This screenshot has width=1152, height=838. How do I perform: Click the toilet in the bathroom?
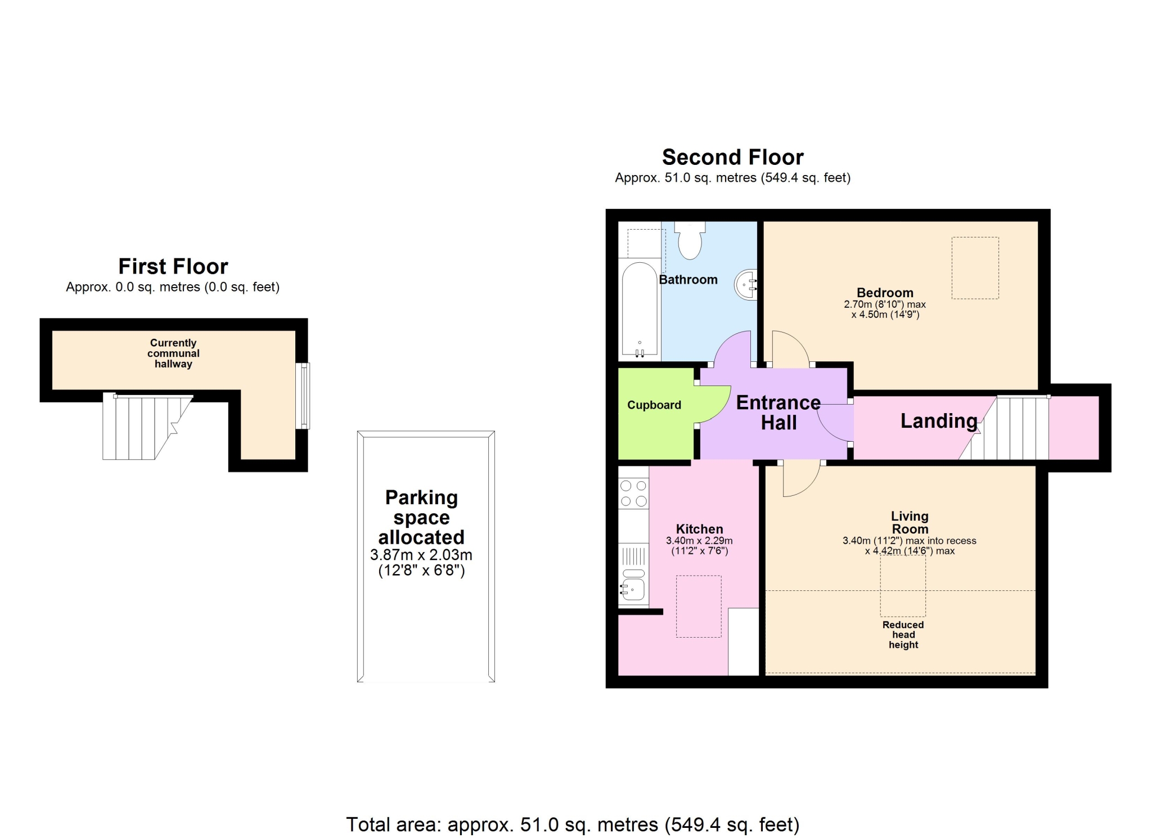click(x=690, y=240)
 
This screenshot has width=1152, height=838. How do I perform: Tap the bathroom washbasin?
click(x=746, y=285)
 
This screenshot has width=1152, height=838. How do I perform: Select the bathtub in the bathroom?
click(x=640, y=309)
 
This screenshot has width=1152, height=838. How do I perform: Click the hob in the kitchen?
click(x=633, y=493)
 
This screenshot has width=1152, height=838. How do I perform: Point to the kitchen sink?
click(x=633, y=586)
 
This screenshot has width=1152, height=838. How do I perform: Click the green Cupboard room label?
click(x=654, y=405)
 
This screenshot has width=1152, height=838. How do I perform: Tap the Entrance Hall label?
click(x=778, y=413)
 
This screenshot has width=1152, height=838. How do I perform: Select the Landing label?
click(x=939, y=421)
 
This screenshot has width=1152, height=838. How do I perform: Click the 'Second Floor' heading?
click(x=732, y=157)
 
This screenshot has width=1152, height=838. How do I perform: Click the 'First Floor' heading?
click(x=173, y=266)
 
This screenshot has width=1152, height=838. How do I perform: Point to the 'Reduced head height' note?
click(x=903, y=635)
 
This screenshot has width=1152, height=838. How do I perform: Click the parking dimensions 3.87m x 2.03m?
click(x=421, y=555)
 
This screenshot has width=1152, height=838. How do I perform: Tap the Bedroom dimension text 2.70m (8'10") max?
click(x=885, y=304)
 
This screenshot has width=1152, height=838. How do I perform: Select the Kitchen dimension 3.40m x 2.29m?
click(x=699, y=541)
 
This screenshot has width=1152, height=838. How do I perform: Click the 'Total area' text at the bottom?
click(x=573, y=824)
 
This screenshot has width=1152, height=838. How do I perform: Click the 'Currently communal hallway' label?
click(x=173, y=353)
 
